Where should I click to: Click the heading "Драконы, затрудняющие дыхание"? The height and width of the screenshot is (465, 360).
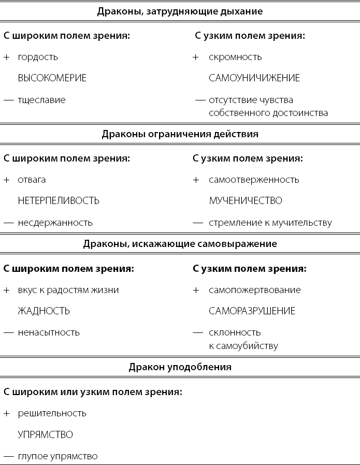[180, 11]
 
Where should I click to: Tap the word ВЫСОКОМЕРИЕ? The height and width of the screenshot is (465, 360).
[52, 78]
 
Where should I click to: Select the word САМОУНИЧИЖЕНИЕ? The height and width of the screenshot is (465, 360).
[254, 78]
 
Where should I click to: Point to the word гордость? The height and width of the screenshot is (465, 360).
[38, 57]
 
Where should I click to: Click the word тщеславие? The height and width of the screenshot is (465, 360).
[41, 100]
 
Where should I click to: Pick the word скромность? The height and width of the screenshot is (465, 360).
[235, 57]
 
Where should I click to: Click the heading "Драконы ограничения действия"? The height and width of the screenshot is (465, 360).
[180, 134]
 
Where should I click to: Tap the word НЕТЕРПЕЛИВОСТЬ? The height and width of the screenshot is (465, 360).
[59, 200]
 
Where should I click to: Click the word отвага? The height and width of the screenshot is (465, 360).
[32, 180]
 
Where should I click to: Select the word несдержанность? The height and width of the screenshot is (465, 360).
[55, 223]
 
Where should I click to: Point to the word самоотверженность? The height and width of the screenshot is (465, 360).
[254, 180]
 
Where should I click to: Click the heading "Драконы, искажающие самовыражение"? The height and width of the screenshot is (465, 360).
[180, 244]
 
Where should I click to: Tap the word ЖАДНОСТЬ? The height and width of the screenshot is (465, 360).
[44, 311]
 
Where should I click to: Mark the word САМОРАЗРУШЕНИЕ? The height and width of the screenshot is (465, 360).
[252, 311]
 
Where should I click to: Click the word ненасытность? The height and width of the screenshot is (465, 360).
[49, 332]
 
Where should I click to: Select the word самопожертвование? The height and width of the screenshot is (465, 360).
[254, 290]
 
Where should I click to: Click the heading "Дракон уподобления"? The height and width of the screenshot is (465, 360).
[180, 367]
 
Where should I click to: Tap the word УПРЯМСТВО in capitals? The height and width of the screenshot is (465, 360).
[45, 434]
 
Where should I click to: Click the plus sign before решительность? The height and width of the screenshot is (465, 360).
[6, 413]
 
